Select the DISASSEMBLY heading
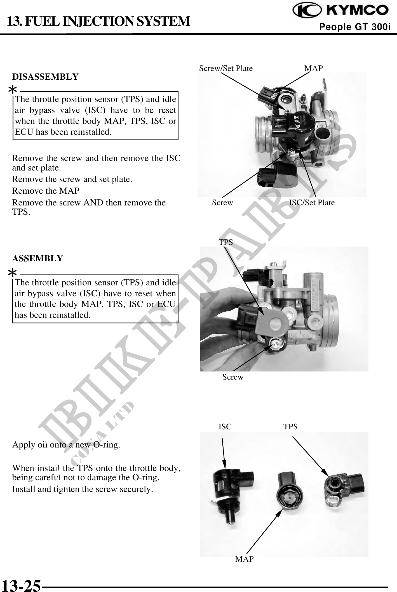(45, 77)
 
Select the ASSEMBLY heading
(38, 259)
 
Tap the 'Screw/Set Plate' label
(226, 68)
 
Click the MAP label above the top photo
(313, 68)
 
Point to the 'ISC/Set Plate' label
(312, 203)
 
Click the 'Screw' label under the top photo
(222, 203)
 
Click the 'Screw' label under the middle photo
(233, 377)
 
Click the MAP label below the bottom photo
(244, 559)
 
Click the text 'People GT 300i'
(355, 27)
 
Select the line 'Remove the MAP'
(46, 191)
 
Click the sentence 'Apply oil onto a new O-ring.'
(66, 445)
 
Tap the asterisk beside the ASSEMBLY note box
(12, 272)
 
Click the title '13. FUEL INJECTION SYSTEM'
(98, 21)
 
